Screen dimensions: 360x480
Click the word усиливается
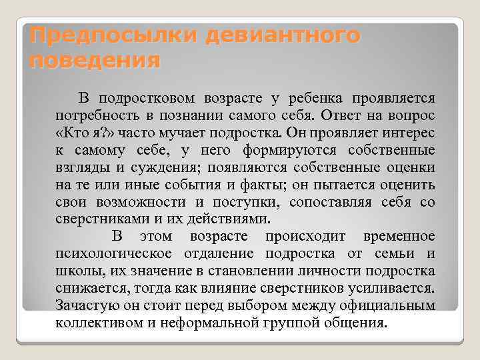pos(394,289)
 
